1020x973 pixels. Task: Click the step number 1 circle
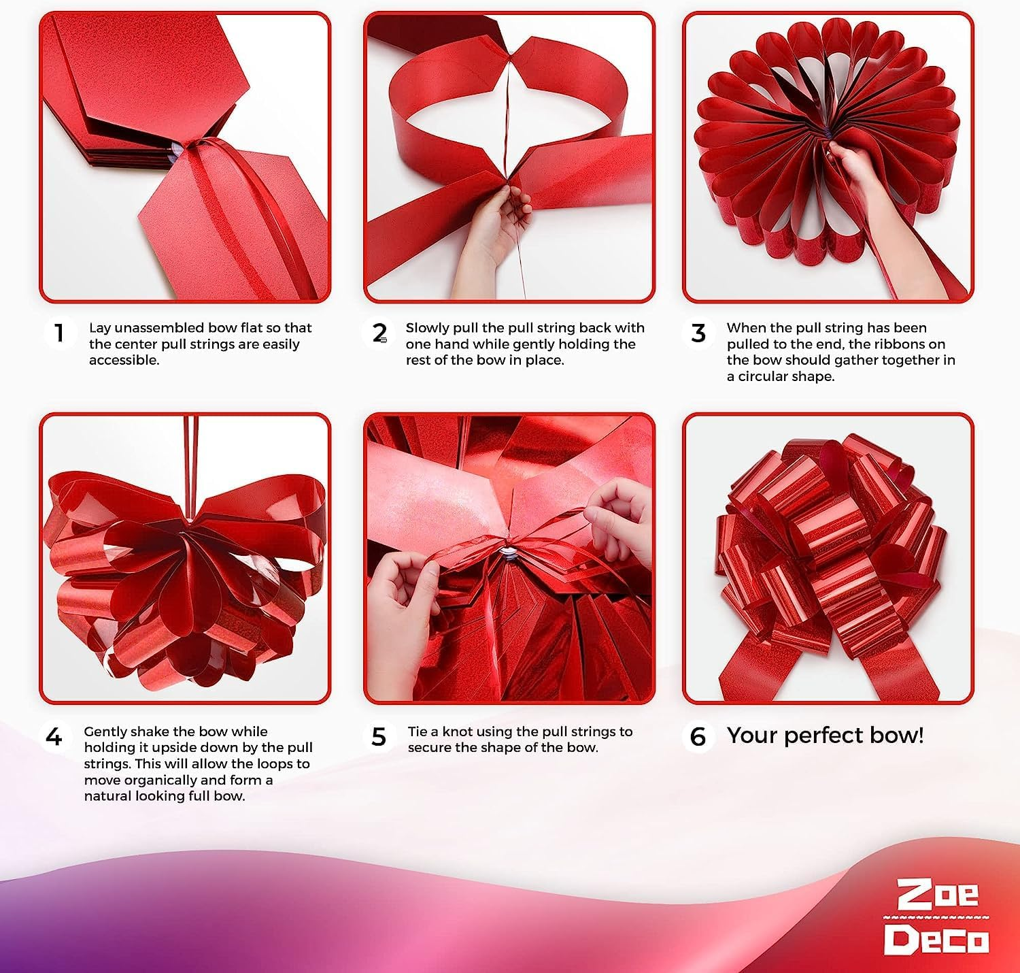60,333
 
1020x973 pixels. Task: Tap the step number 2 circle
380,333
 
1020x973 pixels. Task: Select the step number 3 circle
698,333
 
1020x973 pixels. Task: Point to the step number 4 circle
54,737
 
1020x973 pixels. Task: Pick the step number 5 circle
379,737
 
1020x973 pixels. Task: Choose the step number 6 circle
698,736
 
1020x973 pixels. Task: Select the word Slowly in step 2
427,328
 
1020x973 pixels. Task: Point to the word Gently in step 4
105,731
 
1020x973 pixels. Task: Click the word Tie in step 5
418,731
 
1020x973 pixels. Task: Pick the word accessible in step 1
124,360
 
